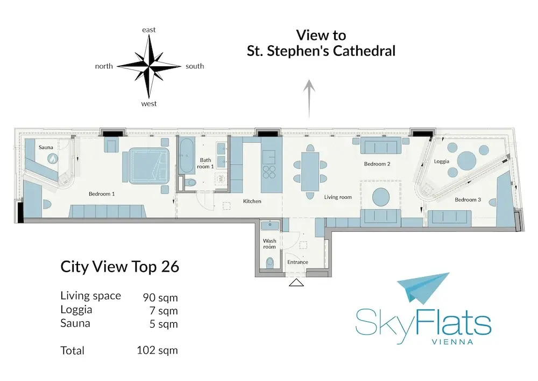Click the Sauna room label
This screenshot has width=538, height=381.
pyautogui.click(x=46, y=147)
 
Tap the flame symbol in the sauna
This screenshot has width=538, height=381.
pyautogui.click(x=53, y=159)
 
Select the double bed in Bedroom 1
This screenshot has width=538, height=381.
pyautogui.click(x=146, y=167)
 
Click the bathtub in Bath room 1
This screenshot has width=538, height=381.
pyautogui.click(x=186, y=156)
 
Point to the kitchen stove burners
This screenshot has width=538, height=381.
pyautogui.click(x=269, y=172)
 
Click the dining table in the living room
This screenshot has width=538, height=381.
pyautogui.click(x=310, y=171)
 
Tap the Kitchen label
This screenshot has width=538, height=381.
pyautogui.click(x=252, y=202)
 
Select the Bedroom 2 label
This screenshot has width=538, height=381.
pyautogui.click(x=377, y=164)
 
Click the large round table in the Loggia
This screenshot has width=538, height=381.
pyautogui.click(x=466, y=161)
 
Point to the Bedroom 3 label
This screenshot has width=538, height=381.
pyautogui.click(x=468, y=199)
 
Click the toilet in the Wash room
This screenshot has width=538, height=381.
pyautogui.click(x=270, y=263)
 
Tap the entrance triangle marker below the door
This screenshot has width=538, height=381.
pyautogui.click(x=296, y=283)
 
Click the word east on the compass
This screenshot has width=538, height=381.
pyautogui.click(x=149, y=30)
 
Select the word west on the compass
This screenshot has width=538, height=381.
pyautogui.click(x=149, y=104)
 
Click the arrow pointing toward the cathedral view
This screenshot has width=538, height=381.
pyautogui.click(x=309, y=99)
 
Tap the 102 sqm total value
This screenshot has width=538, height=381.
pyautogui.click(x=157, y=350)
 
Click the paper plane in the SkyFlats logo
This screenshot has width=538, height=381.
pyautogui.click(x=423, y=288)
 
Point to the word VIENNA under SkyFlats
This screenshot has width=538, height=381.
pyautogui.click(x=452, y=342)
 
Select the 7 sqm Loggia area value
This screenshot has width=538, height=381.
pyautogui.click(x=164, y=311)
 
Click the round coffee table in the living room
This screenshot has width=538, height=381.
pyautogui.click(x=381, y=197)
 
